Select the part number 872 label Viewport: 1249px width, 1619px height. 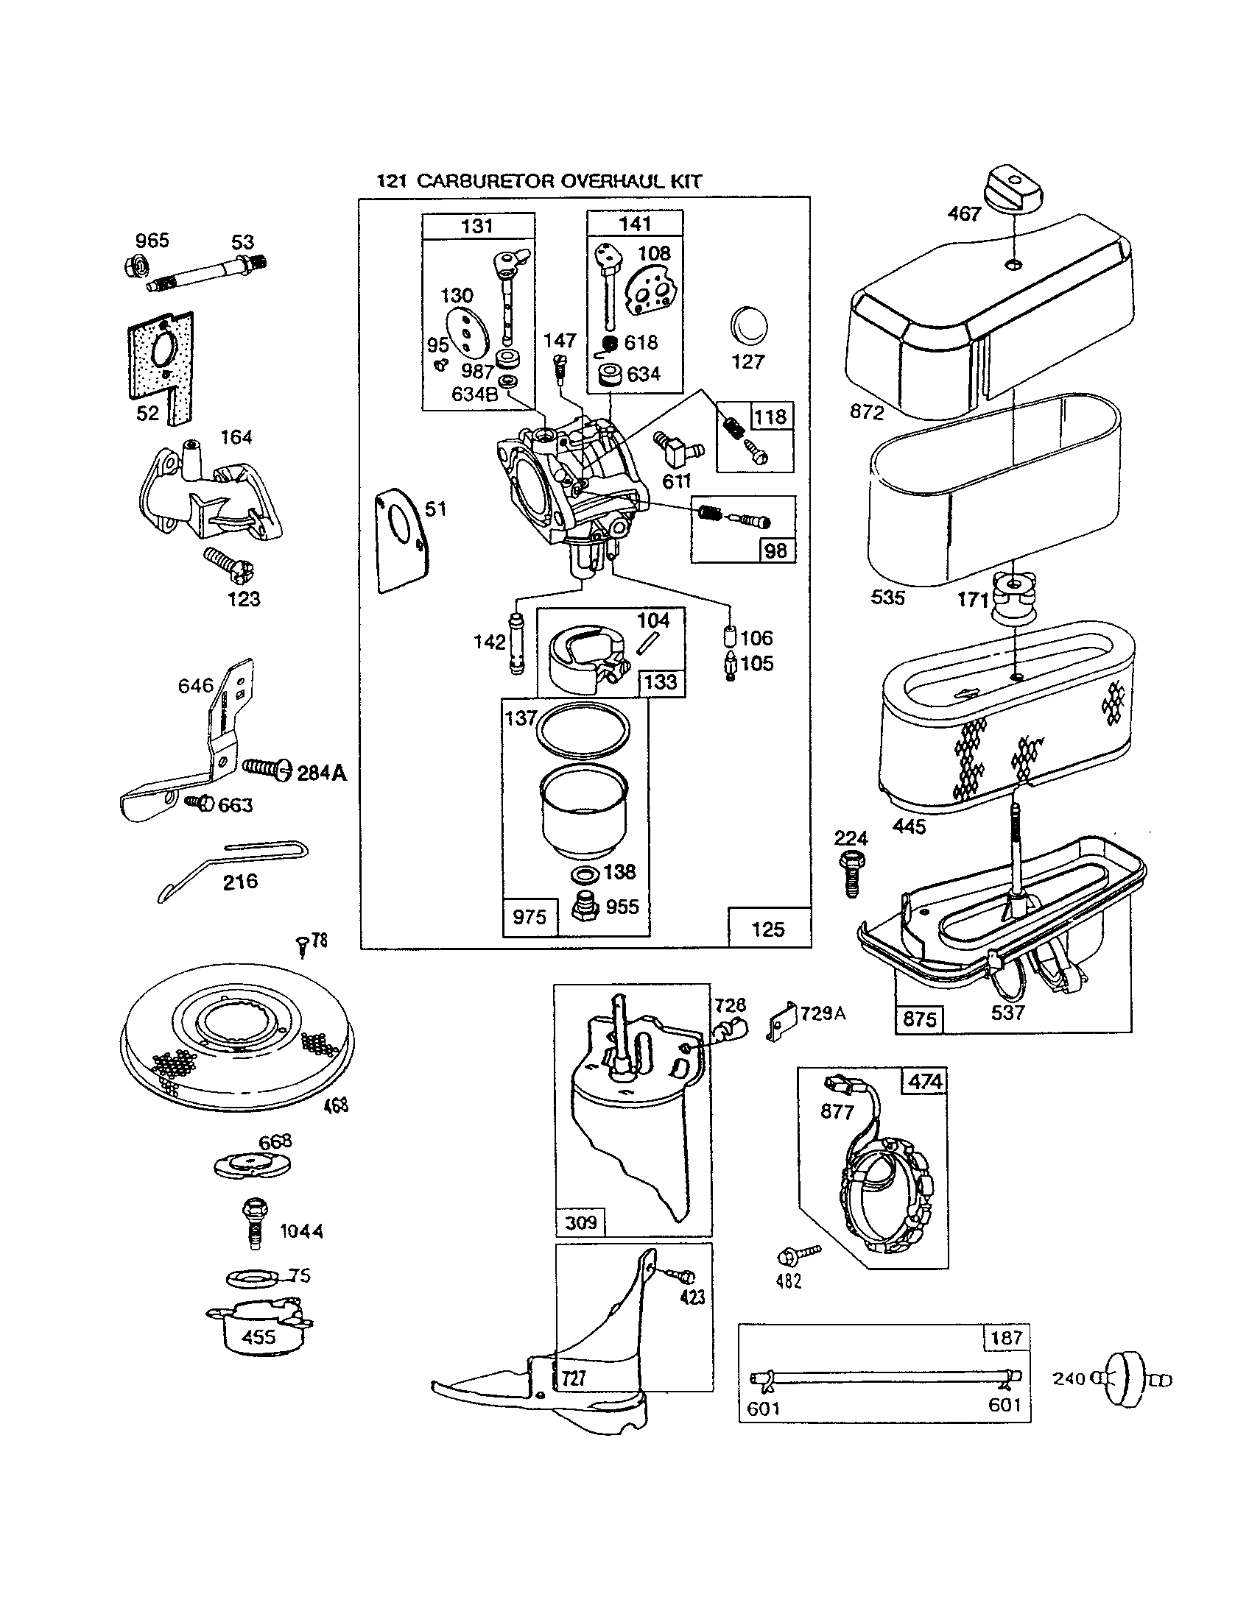coord(867,411)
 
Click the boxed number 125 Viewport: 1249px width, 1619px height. coord(767,929)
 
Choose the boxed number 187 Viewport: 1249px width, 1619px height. coord(1007,1338)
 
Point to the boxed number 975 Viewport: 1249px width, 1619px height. coord(529,917)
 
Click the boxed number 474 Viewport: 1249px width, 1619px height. coord(925,1083)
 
